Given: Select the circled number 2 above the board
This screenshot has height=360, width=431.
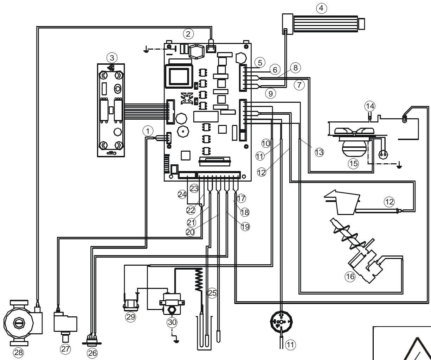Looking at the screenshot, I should (188, 34).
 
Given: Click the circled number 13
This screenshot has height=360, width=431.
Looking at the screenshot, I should (319, 152).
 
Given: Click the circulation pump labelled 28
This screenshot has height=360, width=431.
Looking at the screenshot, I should (19, 322).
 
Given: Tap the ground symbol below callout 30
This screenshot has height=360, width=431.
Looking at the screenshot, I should (175, 340).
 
